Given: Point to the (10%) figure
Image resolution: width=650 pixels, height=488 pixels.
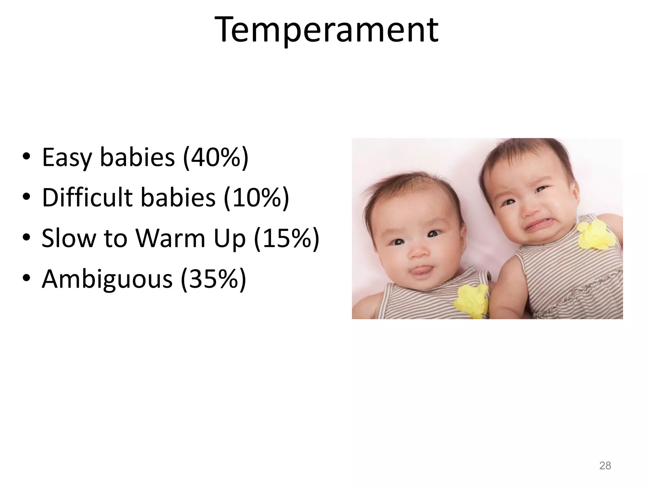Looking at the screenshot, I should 256,198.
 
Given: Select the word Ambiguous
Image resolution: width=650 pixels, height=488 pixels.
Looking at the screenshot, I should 107,279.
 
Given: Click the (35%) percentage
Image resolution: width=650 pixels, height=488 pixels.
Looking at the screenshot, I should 213,279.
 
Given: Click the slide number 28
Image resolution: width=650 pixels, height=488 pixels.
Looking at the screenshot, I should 605,465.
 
